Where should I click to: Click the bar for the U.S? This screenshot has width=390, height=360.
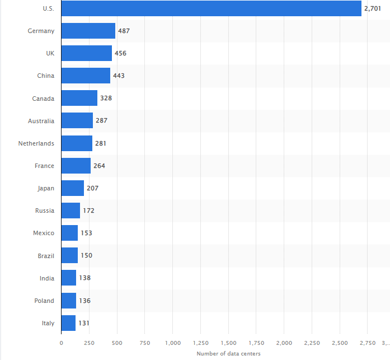tap(211, 8)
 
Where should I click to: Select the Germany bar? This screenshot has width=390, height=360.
tap(88, 31)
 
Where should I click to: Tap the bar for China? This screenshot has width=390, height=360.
tap(86, 76)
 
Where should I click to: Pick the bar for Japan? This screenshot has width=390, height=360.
tap(72, 188)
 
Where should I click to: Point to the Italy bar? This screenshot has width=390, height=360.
tap(68, 323)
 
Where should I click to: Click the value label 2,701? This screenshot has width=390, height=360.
tap(372, 8)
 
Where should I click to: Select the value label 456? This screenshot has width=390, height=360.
tap(120, 53)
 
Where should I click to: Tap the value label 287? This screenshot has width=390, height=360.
tap(101, 120)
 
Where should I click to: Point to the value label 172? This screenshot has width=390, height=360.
tap(88, 211)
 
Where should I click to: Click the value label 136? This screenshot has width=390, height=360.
tap(84, 301)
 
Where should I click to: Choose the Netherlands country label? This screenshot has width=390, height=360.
tap(36, 143)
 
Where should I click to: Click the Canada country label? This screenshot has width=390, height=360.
tap(43, 99)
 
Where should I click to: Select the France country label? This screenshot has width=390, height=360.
tap(44, 166)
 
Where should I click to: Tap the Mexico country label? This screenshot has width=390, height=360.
tap(44, 233)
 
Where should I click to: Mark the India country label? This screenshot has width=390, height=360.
tap(47, 278)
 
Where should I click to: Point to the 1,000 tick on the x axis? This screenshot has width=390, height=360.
tap(172, 342)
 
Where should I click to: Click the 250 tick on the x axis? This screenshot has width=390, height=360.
tap(89, 342)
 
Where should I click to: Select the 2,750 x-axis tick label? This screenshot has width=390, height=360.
tap(368, 342)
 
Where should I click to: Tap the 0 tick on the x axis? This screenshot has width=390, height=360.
tap(61, 342)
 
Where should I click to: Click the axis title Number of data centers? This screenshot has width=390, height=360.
tap(228, 353)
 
